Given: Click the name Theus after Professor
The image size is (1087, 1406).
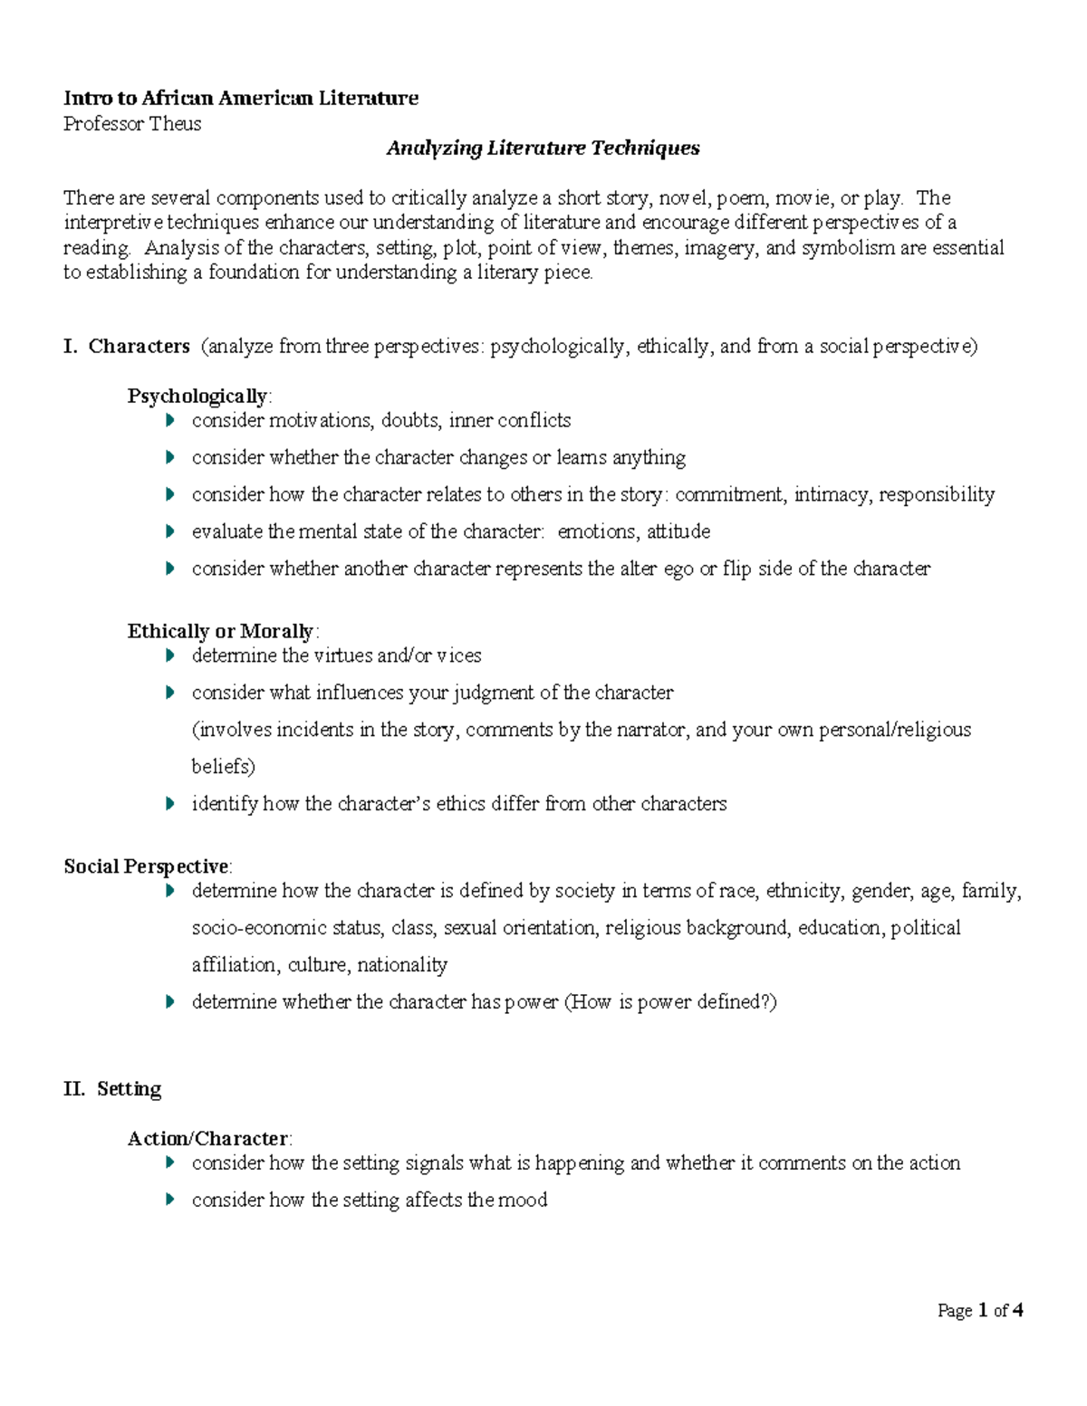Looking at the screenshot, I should point(175,124).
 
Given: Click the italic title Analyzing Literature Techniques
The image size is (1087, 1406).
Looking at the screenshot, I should point(543,148).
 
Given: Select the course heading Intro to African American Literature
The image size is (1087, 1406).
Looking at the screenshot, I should point(241,98).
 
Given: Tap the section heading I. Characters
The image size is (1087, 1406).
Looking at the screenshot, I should point(127,346).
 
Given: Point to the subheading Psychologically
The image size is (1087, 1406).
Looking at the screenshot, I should point(197,397).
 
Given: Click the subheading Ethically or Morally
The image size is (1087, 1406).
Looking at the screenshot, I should point(220,631).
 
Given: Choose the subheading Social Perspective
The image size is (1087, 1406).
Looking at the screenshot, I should point(147,866).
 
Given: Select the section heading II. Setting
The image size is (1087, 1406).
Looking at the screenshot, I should point(112,1088).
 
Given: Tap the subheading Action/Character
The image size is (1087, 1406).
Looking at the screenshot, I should point(207,1139).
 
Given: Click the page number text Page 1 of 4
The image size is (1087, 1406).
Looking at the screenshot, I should point(980,1310).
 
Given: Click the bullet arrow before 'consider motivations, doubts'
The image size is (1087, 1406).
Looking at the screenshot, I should point(169,421).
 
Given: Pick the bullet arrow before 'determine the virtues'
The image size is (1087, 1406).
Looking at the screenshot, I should point(169,655).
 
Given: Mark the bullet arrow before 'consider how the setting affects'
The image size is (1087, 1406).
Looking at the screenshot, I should point(169,1200).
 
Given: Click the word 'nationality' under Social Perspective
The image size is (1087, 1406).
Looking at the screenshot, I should point(402,965).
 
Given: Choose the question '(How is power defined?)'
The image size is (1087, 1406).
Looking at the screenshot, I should point(670,1002).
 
